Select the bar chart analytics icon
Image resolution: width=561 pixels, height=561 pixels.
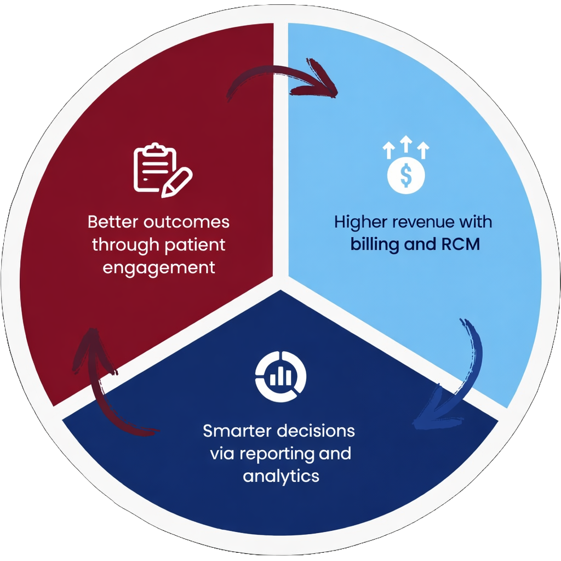point(281,375)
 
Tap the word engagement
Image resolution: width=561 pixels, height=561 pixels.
point(158,268)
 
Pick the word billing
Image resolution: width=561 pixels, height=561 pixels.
point(375,244)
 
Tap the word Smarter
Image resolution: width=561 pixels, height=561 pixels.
point(237,431)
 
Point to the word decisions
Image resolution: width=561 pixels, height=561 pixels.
point(316,431)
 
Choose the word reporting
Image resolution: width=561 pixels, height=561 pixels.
point(272,454)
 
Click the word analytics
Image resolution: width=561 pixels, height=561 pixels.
point(281,476)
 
